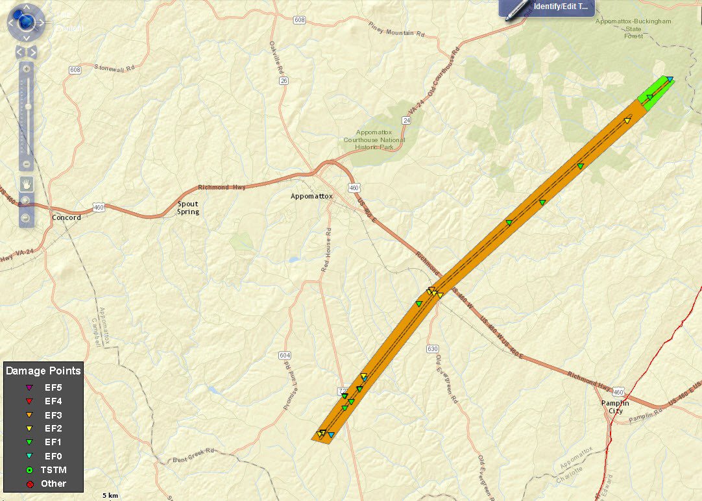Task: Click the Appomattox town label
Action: point(311,196)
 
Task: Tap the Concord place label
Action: point(66,217)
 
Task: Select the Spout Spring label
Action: point(188,208)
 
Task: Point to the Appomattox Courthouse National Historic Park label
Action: point(374,140)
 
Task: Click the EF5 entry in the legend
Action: point(53,387)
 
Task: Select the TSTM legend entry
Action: point(53,469)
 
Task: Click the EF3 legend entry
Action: point(53,415)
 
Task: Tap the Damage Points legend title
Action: point(43,371)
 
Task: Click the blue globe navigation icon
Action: point(26,23)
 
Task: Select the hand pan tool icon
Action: point(25,183)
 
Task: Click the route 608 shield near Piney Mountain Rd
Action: point(299,20)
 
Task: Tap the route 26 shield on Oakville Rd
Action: point(284,81)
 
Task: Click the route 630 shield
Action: point(433,348)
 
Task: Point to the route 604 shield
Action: point(284,355)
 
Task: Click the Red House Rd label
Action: point(328,250)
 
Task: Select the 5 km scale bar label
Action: point(110,495)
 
